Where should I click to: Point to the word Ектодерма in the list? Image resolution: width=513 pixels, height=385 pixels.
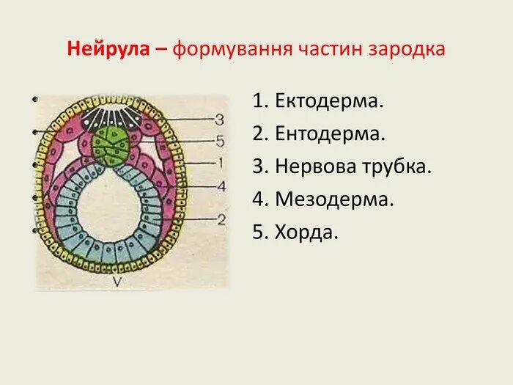(329, 101)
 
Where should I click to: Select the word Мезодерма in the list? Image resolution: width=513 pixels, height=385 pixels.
(335, 199)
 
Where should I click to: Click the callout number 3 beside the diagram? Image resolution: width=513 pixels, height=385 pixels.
(219, 119)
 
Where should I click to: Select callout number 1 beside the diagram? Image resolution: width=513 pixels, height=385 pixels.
(219, 163)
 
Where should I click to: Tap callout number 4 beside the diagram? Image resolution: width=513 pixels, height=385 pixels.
(219, 186)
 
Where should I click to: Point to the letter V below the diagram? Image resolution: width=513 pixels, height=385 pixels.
(117, 281)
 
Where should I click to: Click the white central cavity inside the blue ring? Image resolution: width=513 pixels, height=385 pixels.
(114, 213)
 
